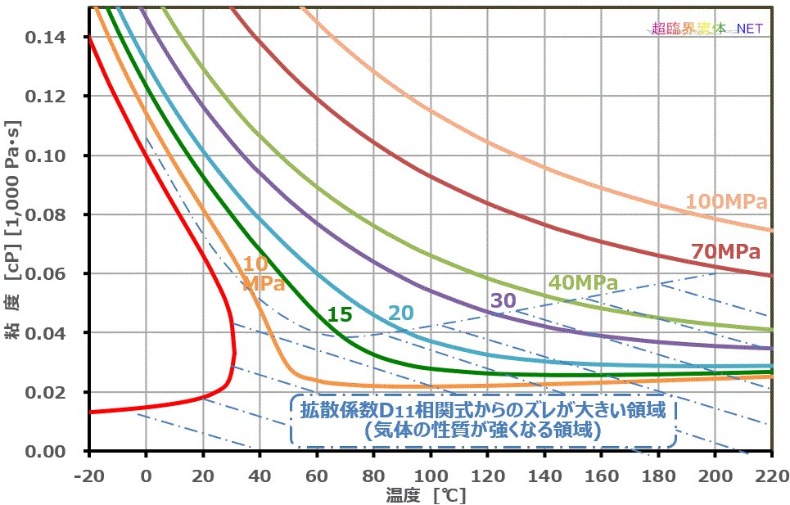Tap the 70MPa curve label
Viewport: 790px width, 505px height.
click(x=726, y=251)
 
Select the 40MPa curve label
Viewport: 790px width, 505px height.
click(x=583, y=283)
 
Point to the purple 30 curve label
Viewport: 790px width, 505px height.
click(x=503, y=300)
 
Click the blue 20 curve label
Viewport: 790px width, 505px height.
click(x=401, y=313)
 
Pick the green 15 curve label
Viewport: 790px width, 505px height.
click(x=339, y=313)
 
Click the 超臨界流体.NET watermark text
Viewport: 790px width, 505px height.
click(x=707, y=28)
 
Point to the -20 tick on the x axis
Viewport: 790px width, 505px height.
click(x=88, y=475)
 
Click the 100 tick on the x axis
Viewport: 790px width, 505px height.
click(x=431, y=475)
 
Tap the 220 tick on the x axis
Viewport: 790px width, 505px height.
click(x=771, y=475)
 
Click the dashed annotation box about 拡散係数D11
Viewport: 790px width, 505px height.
click(x=483, y=420)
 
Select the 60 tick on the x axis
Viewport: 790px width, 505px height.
click(x=316, y=475)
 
